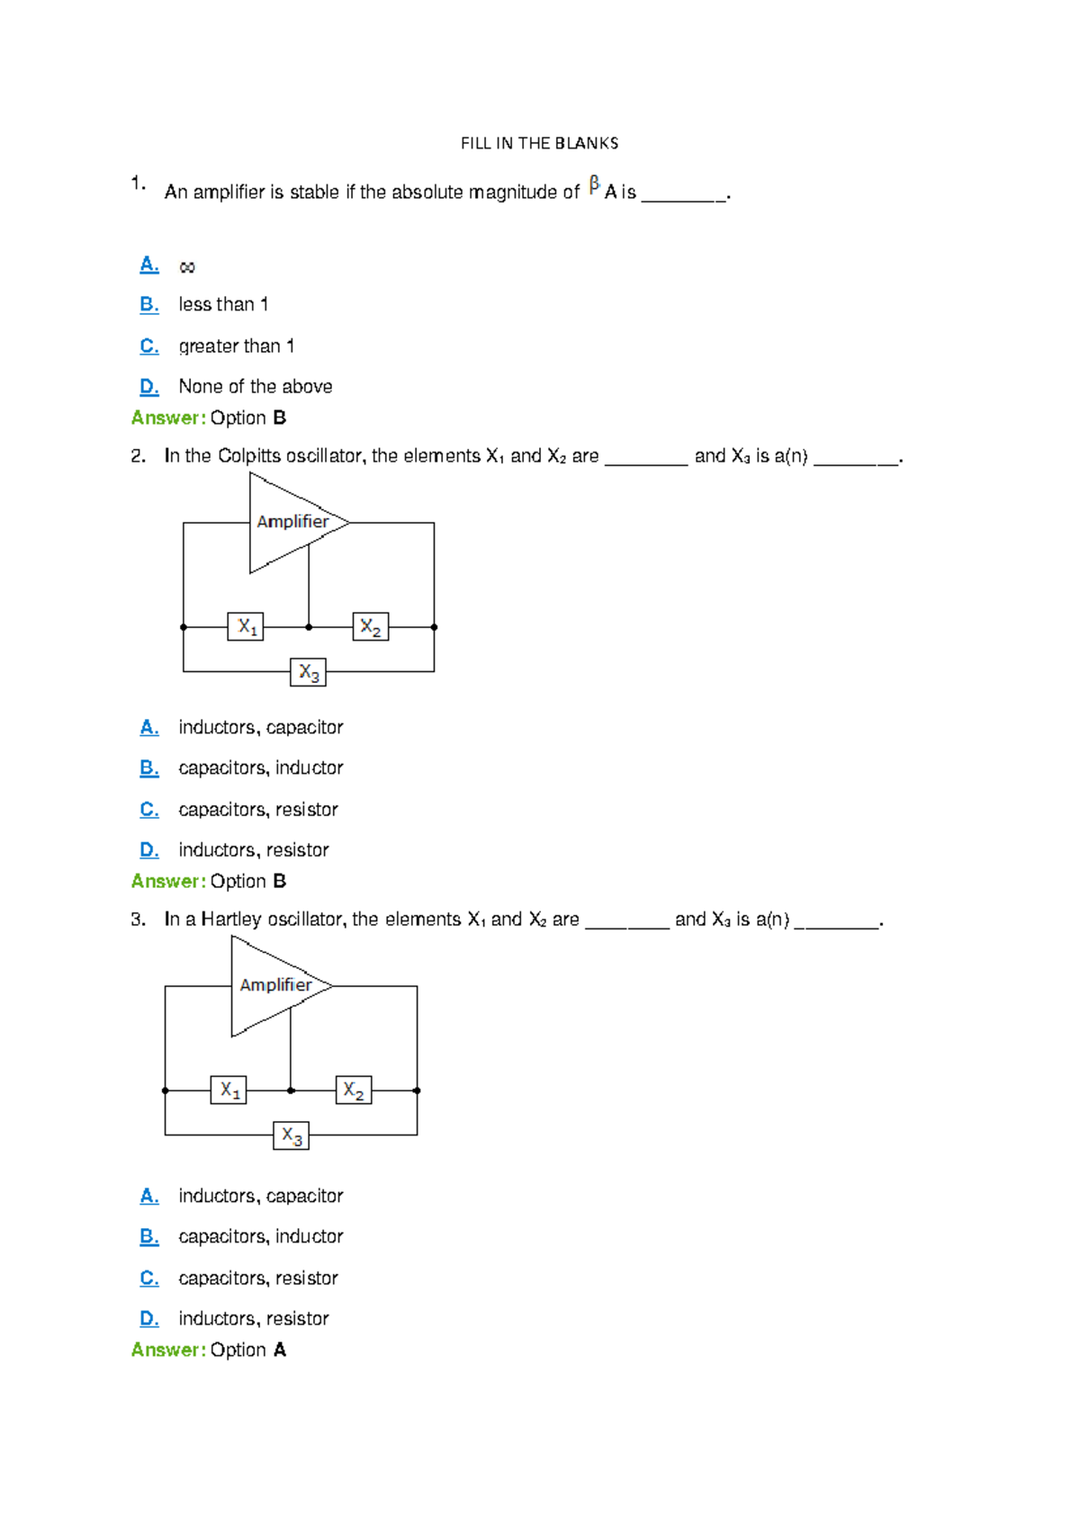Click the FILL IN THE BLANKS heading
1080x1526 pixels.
(539, 143)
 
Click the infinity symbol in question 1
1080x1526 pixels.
(187, 267)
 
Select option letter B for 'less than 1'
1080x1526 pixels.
(149, 305)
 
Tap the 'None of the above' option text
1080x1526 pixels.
(256, 387)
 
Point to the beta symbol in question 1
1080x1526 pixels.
(594, 185)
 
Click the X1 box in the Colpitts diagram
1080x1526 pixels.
(247, 626)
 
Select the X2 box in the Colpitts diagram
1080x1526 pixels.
(370, 626)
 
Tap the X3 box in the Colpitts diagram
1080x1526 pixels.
(308, 672)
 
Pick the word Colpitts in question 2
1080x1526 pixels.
(249, 456)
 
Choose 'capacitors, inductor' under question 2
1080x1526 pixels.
(261, 768)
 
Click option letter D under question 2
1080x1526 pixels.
(149, 850)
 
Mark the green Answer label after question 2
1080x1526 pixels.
(168, 882)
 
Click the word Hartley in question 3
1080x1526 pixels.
(231, 920)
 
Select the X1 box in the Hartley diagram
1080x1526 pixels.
(229, 1090)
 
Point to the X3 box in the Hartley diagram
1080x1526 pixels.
(291, 1136)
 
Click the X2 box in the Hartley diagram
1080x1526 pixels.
(353, 1090)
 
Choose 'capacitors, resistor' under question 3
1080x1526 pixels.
(258, 1279)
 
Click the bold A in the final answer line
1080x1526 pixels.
(280, 1351)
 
